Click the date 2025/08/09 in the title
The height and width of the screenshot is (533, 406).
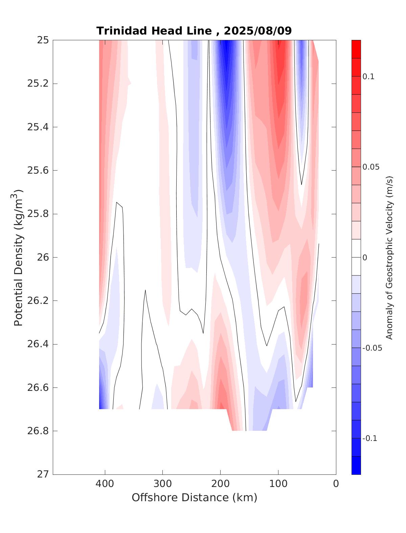coord(258,31)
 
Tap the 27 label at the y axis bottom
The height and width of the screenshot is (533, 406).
coord(43,474)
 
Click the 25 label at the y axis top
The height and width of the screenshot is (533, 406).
coord(43,40)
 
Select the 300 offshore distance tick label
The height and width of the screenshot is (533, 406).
coord(162,484)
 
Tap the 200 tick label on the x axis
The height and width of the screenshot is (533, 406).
coord(220,484)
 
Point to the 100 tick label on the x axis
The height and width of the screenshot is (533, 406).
coord(278,484)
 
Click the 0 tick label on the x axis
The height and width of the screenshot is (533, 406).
coord(336,484)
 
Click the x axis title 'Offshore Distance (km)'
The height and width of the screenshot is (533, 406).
coord(194,497)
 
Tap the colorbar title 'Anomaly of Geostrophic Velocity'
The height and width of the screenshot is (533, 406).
coord(389,257)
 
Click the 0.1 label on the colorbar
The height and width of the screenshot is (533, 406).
coord(368,76)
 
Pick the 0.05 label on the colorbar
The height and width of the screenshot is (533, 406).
coord(370,167)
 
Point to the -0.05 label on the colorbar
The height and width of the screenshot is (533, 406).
coord(372,348)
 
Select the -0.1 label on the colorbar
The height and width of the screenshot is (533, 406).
coord(369,438)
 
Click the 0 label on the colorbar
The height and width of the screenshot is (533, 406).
coord(365,258)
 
